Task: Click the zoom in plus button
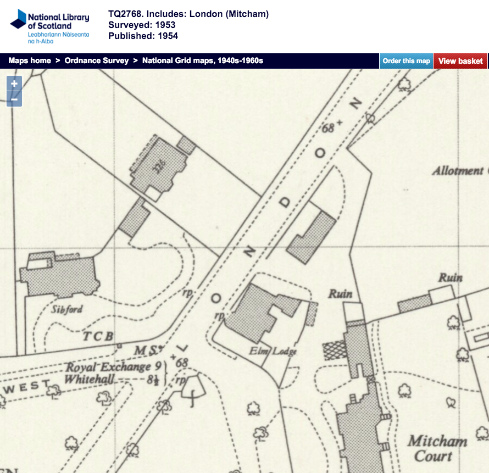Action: tap(14, 84)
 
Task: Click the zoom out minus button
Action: tap(14, 99)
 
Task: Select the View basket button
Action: tap(460, 61)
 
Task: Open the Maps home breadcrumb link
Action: tap(30, 61)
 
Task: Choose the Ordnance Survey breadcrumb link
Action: tap(97, 61)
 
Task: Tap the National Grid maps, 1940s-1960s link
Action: tap(203, 61)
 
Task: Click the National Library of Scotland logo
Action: tap(49, 26)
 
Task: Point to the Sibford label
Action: tap(67, 309)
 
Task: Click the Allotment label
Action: tap(457, 171)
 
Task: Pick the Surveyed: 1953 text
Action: tap(142, 25)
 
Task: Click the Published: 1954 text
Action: tap(143, 36)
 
